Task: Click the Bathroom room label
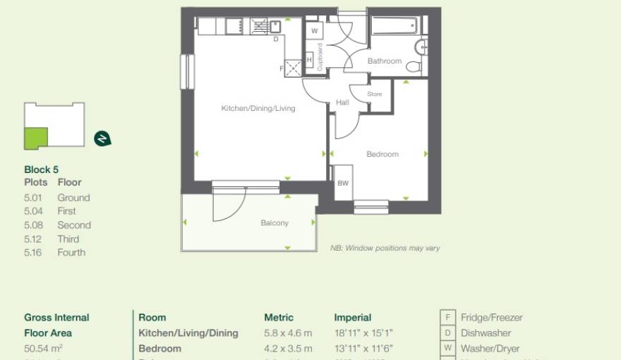click(384, 61)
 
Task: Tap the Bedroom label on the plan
click(382, 154)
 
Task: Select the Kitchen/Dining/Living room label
click(258, 109)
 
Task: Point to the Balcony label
click(275, 223)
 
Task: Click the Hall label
click(342, 102)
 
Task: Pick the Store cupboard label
click(375, 94)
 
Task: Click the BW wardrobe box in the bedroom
click(343, 184)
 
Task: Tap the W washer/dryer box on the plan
click(314, 32)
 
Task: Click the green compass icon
click(102, 138)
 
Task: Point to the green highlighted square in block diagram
click(35, 138)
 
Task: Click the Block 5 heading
click(42, 169)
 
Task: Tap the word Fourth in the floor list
click(71, 253)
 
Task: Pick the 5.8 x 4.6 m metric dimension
click(288, 333)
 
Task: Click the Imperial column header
click(352, 318)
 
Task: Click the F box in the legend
click(447, 318)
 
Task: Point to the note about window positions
click(385, 248)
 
